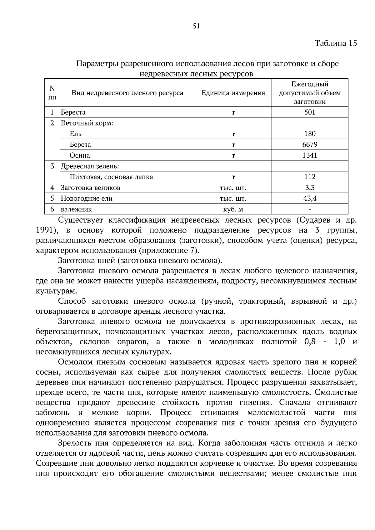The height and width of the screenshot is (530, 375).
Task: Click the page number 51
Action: pos(196,26)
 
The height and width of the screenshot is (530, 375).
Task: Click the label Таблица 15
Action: pos(336,43)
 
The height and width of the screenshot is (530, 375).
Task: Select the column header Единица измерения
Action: pos(233,93)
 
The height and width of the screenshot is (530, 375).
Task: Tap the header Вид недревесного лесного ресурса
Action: pos(127,93)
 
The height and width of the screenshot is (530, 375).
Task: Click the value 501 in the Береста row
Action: pos(310,112)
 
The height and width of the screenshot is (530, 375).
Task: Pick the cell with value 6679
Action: pos(310,145)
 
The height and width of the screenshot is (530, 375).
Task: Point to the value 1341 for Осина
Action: pos(310,155)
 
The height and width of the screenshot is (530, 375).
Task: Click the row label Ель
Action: pos(76,134)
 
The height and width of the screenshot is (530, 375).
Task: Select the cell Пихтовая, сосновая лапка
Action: pos(111,177)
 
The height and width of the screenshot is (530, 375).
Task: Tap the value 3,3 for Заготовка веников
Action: pos(310,188)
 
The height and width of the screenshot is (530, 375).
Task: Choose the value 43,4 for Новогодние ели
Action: pos(310,199)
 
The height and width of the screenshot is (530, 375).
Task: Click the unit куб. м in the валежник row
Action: pos(233,209)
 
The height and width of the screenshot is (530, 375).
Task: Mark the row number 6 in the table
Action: pos(52,209)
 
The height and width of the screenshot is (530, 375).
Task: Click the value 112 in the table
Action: pos(310,177)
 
